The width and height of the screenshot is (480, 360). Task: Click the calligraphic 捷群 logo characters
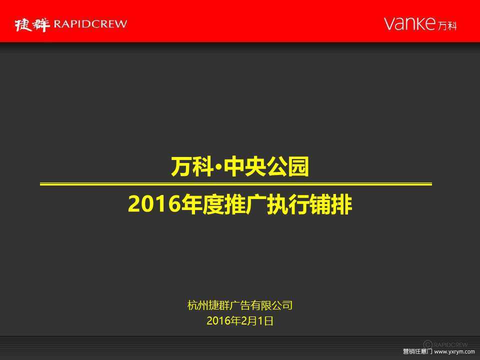click(x=32, y=24)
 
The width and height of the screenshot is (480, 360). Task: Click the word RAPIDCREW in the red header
click(x=90, y=24)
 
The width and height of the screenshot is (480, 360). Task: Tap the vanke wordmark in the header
click(x=409, y=23)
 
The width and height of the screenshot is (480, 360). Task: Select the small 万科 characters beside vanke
click(x=447, y=25)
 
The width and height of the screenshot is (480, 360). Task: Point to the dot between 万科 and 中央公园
click(x=218, y=167)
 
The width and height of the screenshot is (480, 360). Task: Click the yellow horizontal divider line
click(x=235, y=184)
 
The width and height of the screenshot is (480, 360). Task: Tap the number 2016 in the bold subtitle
click(x=154, y=204)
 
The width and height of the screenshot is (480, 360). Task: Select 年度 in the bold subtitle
click(x=202, y=204)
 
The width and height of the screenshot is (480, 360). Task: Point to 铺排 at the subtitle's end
click(x=330, y=204)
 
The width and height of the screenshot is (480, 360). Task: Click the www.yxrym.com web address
click(x=454, y=351)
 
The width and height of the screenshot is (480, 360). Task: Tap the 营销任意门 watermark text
click(x=417, y=351)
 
